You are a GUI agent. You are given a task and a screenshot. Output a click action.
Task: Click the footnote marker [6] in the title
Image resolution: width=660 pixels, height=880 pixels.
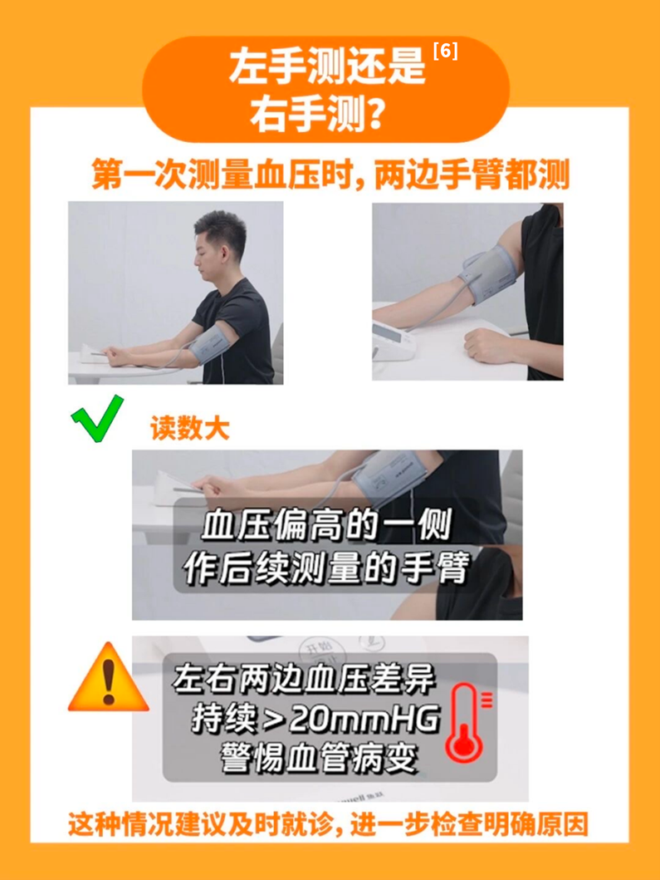tap(446, 52)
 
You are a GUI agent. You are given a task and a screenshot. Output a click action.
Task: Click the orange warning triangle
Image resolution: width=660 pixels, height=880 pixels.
tap(109, 678)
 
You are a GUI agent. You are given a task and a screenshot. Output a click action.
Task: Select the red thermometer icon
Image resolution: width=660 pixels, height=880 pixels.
tap(467, 722)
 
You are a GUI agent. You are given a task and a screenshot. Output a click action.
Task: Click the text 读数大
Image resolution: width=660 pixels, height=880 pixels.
tap(190, 428)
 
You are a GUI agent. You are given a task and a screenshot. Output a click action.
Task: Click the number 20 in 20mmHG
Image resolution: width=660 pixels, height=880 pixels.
tap(307, 719)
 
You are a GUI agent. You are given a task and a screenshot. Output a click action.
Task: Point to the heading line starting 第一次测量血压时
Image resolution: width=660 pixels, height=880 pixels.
tap(330, 175)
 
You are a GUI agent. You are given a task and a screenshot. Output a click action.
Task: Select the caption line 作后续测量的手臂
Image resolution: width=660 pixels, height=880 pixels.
tap(326, 568)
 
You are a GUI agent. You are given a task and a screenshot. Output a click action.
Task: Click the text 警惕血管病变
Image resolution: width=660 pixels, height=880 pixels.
tap(319, 758)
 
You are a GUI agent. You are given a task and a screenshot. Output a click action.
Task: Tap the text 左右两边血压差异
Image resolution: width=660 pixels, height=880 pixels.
tap(303, 679)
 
